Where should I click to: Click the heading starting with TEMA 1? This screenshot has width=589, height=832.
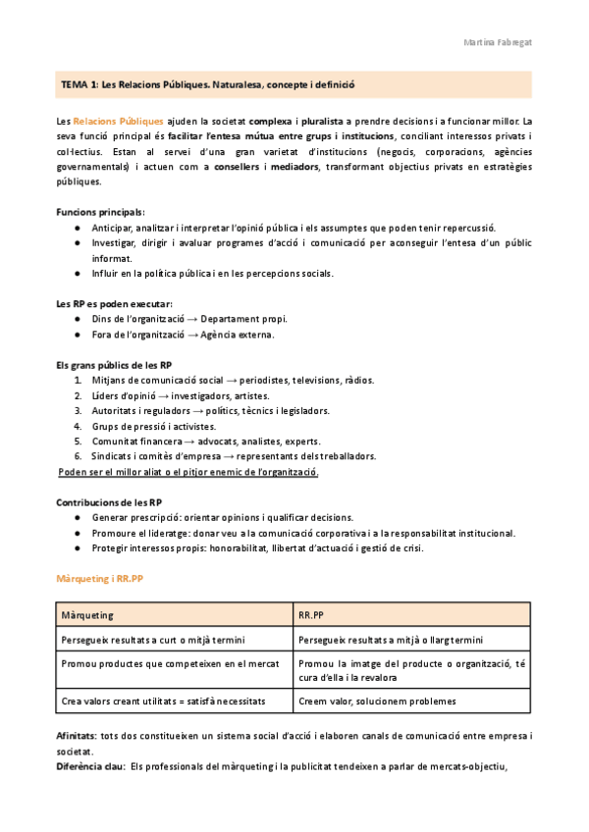207,85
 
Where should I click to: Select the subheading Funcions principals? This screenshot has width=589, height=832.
101,212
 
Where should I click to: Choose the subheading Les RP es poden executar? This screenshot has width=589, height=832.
114,303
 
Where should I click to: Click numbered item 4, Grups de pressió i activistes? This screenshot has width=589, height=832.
153,426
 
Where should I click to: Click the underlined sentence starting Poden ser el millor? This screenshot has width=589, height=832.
188,472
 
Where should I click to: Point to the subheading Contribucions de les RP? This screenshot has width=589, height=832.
109,502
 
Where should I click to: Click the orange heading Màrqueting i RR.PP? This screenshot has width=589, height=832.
100,579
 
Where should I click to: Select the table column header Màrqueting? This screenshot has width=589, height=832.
87,615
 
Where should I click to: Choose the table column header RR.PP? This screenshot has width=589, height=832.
311,615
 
